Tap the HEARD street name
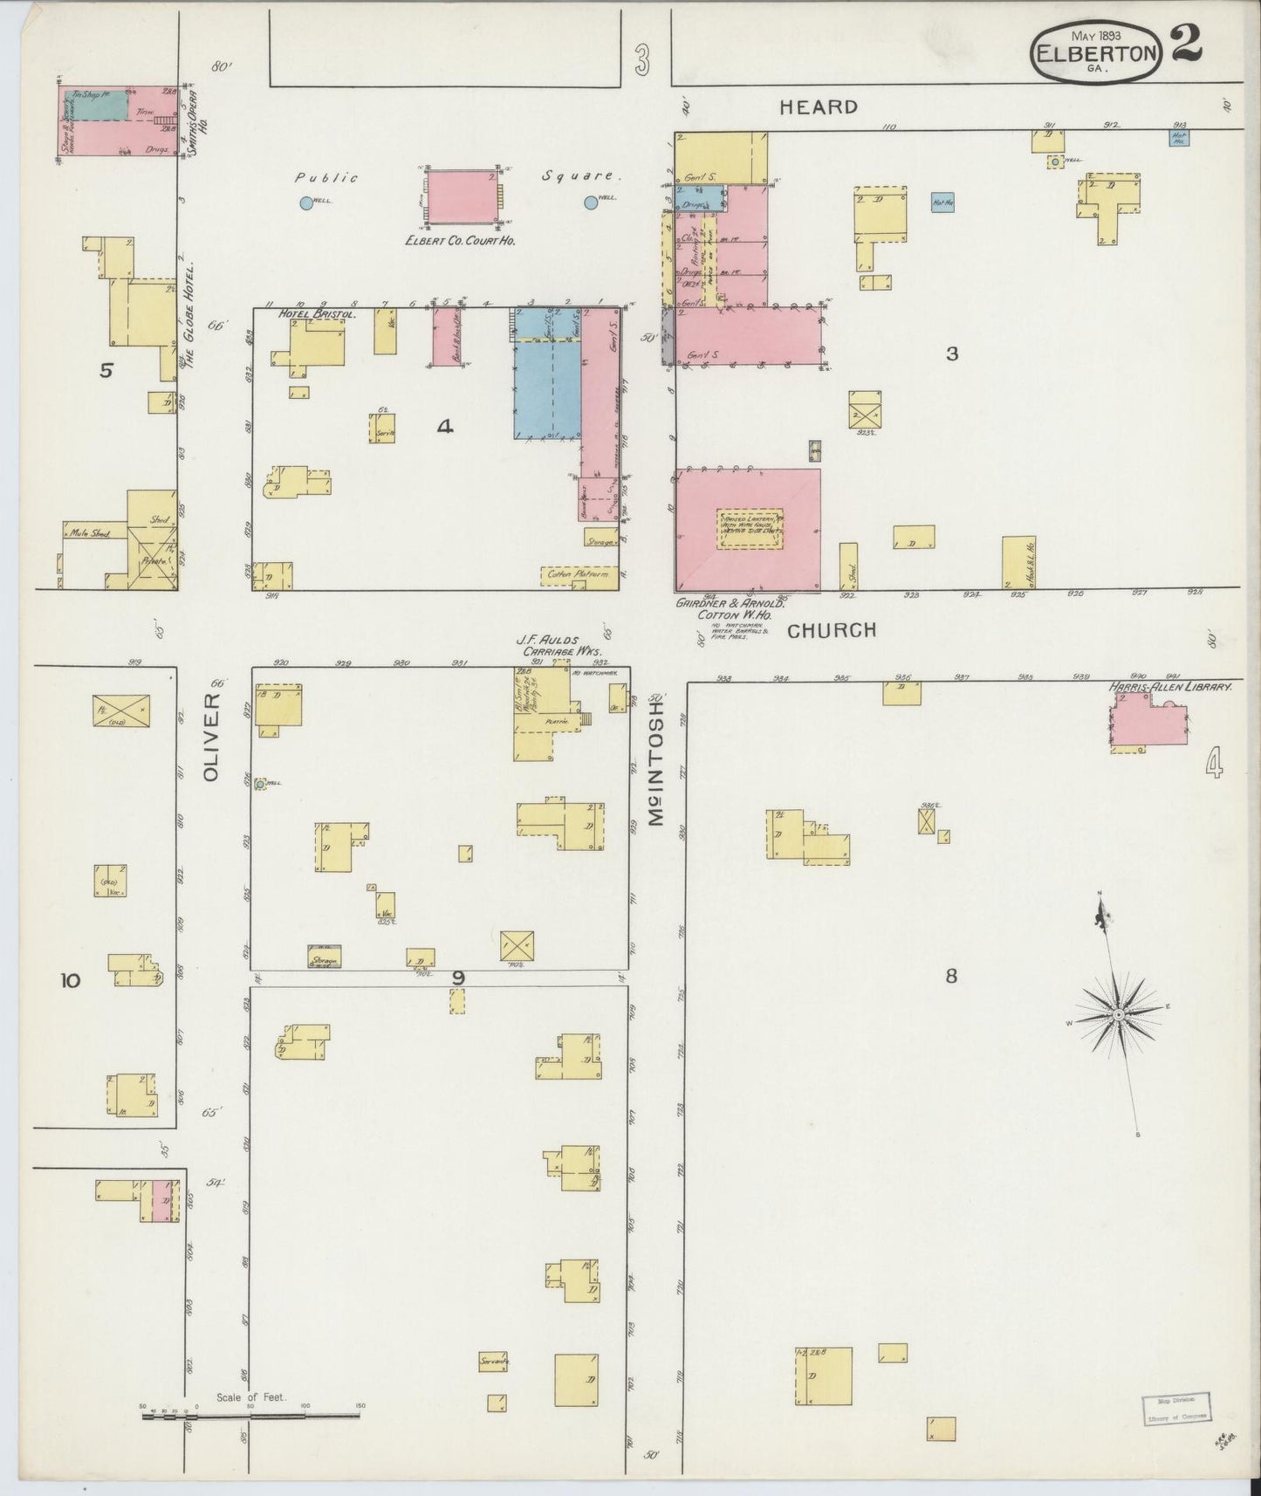818,107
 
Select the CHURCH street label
831,630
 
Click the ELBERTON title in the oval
1095,52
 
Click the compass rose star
1118,1014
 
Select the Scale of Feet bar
251,1416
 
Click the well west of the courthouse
306,203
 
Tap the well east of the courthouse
591,202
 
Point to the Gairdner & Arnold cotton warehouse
748,530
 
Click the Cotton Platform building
579,575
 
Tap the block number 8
951,975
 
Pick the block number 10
70,980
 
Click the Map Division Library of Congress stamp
1175,1408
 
